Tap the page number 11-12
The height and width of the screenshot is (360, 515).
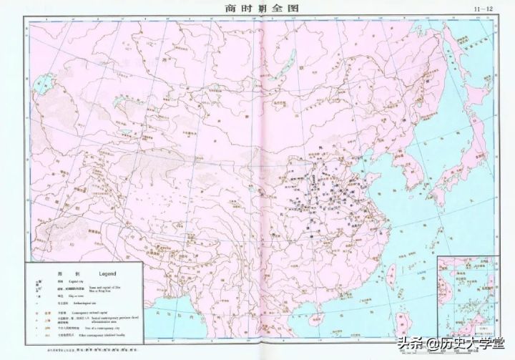(484, 9)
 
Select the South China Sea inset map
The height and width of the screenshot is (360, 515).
(466, 293)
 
